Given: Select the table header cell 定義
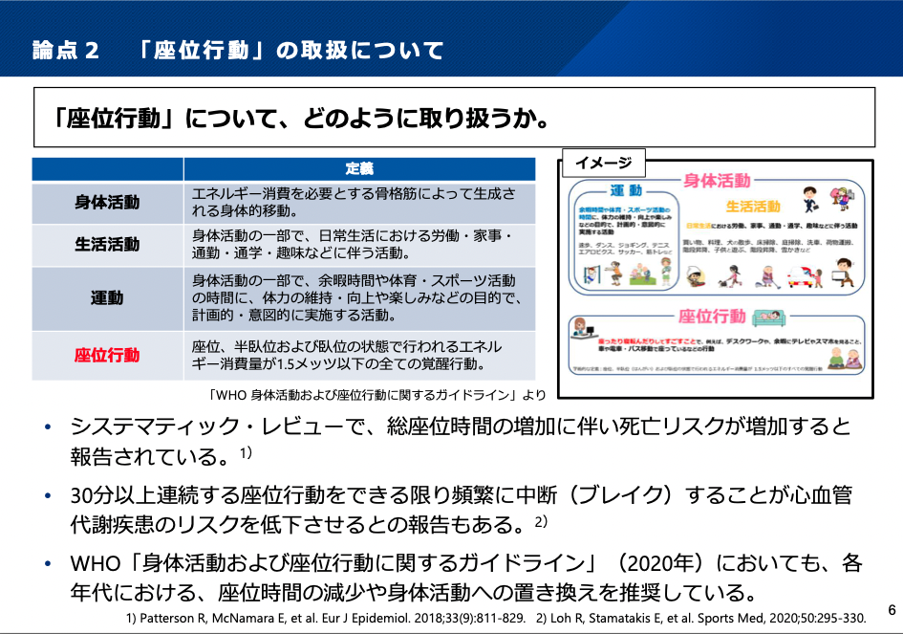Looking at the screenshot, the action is click(x=359, y=169).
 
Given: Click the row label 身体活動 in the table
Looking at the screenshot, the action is click(x=107, y=203).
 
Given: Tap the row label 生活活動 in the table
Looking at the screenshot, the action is click(x=107, y=245).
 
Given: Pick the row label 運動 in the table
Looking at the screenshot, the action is click(x=107, y=297).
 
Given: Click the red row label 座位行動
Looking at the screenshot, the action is click(x=107, y=356).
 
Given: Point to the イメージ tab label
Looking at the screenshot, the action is click(x=603, y=163).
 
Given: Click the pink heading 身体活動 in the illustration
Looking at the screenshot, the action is click(x=717, y=181).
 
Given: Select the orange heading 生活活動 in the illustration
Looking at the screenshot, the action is click(x=753, y=206).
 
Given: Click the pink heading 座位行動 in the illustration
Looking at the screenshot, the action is click(x=712, y=317).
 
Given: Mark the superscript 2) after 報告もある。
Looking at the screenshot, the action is click(x=541, y=522).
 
